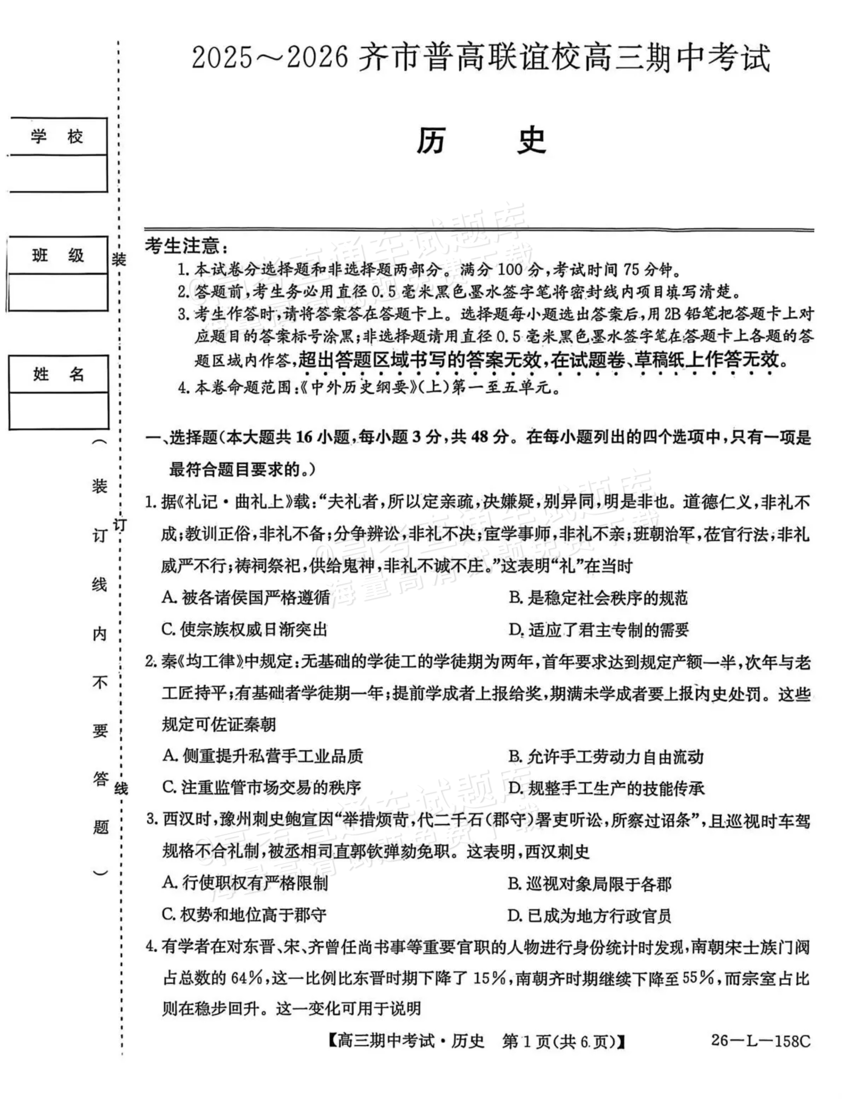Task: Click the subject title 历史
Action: pyautogui.click(x=481, y=142)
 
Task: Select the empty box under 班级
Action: pyautogui.click(x=58, y=292)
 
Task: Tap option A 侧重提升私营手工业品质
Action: pyautogui.click(x=263, y=756)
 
